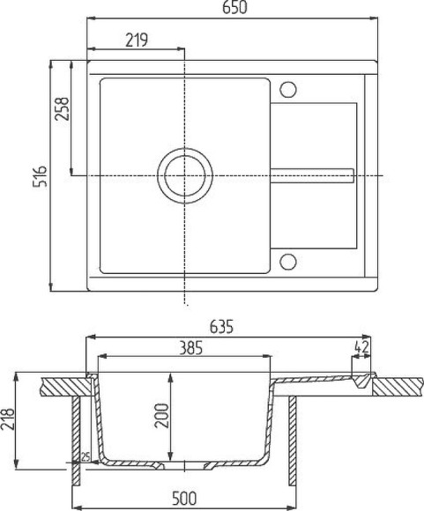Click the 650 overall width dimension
pos(234,8)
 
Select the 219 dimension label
pos(135,40)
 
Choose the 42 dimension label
pos(361,348)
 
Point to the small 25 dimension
pos(86,456)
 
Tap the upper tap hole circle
pos(287,89)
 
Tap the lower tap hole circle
pos(287,261)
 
